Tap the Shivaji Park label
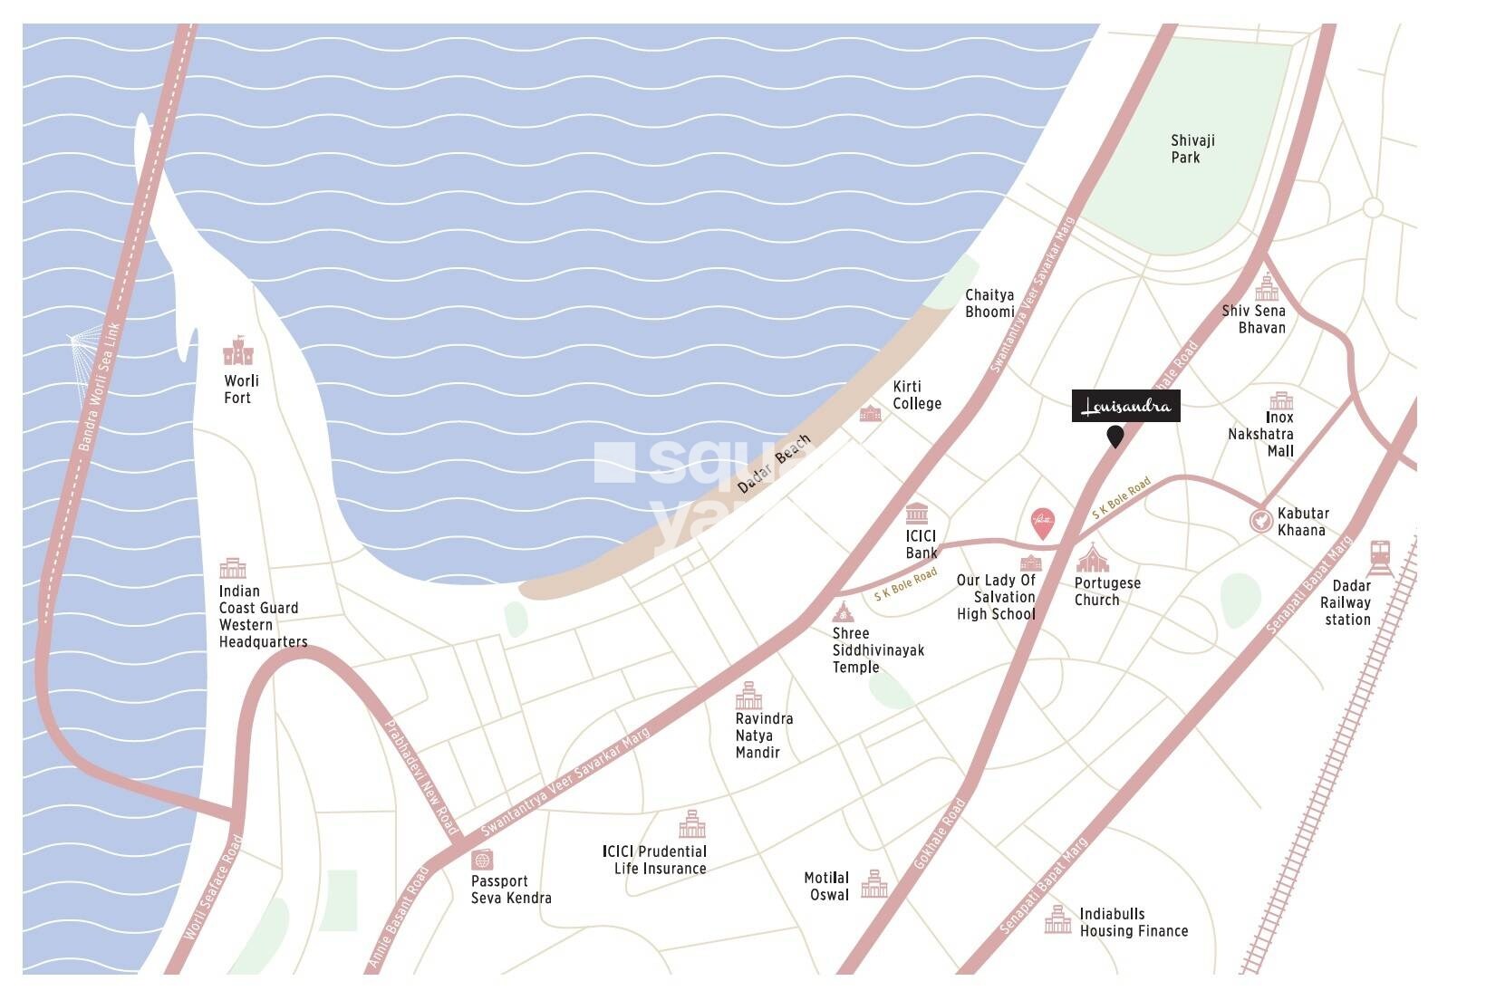(1192, 149)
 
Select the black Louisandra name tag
(1125, 406)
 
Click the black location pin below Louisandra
(1115, 437)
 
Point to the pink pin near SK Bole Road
(1044, 524)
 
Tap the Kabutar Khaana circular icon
(1259, 521)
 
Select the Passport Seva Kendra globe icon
(482, 860)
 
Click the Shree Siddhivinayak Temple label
(877, 650)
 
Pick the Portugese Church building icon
(1093, 557)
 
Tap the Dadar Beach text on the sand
(774, 465)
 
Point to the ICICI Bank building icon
(916, 511)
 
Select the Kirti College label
(916, 395)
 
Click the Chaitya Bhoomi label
(989, 303)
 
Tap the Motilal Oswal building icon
(873, 884)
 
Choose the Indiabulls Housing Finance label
(1133, 922)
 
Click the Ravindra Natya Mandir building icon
(748, 696)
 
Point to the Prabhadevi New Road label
(422, 777)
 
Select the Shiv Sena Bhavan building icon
(1266, 288)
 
